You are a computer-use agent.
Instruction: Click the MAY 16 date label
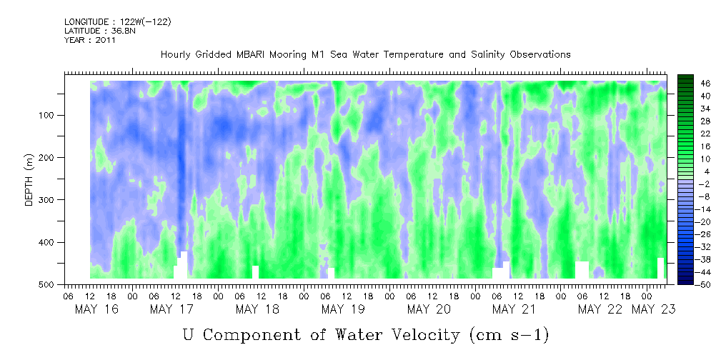[x=96, y=309]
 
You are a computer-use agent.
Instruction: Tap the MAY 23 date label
[x=652, y=309]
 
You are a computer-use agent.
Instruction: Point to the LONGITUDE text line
[x=118, y=22]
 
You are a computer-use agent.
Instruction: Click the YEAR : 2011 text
[x=89, y=40]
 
